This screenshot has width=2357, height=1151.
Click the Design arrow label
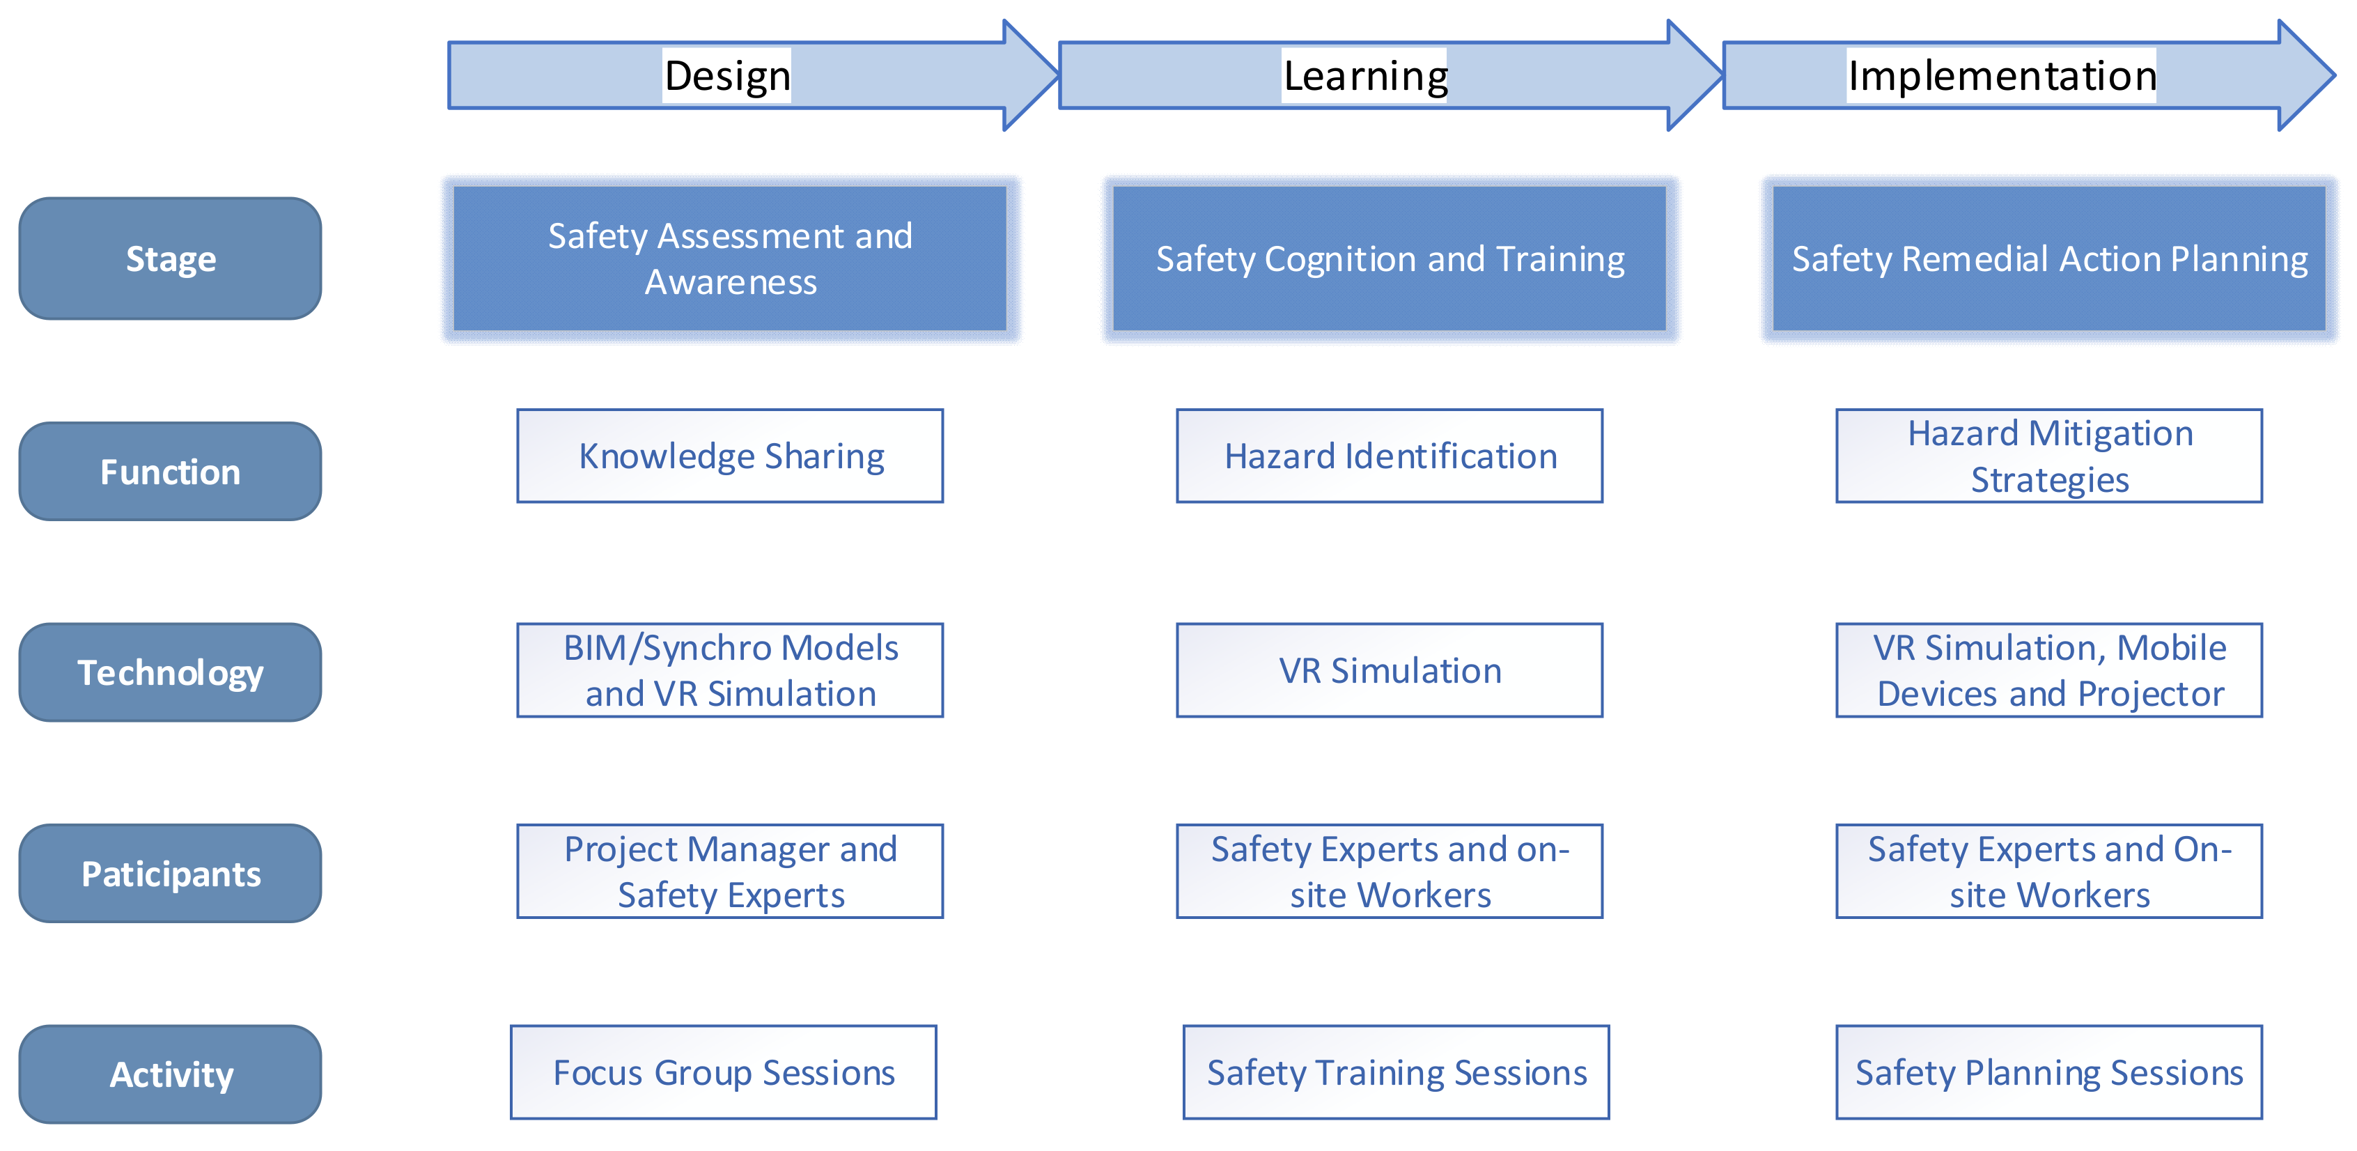[727, 76]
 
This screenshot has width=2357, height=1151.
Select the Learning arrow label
[1365, 76]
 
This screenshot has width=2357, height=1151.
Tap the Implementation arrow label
[2002, 76]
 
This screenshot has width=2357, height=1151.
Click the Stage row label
[170, 259]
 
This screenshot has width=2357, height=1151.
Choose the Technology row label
[170, 672]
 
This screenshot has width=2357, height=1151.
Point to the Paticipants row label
[170, 874]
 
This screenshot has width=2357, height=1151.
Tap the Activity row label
[170, 1074]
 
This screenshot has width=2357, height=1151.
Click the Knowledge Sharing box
[730, 456]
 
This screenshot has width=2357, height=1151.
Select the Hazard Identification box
[1390, 456]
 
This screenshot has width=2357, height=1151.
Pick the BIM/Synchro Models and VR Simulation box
[730, 671]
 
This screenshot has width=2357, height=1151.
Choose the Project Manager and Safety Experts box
[730, 871]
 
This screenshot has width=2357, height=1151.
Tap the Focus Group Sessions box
[724, 1072]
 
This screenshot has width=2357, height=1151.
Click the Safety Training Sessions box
[1397, 1072]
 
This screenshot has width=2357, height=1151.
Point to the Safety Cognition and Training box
[1390, 259]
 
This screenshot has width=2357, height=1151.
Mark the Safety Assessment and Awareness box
[730, 259]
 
